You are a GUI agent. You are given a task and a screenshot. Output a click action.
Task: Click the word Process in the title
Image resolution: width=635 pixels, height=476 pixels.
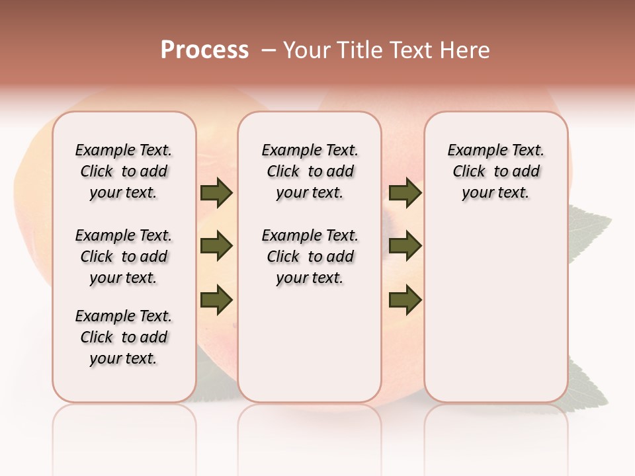[204, 50]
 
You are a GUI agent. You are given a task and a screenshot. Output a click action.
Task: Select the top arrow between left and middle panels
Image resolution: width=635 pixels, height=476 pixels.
[216, 193]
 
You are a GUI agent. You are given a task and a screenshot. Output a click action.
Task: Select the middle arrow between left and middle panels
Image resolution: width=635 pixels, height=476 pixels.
[216, 247]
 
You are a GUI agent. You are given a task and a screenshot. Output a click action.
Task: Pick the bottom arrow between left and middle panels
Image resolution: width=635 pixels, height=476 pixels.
[216, 300]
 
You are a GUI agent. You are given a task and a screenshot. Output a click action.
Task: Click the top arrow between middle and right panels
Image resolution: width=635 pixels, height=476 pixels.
[405, 193]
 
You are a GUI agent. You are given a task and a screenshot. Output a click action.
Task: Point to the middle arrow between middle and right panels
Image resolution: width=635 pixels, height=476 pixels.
[405, 247]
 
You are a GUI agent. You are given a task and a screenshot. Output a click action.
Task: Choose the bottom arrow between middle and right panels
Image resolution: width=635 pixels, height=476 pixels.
[405, 300]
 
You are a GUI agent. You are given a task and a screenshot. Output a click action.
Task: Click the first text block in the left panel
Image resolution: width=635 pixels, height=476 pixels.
[124, 171]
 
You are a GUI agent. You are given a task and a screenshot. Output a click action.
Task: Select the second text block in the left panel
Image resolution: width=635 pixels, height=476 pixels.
[124, 257]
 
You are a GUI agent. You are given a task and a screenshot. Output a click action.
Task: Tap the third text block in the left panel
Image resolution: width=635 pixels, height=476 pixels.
[124, 337]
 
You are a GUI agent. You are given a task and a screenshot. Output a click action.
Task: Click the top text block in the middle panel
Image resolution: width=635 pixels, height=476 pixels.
[310, 171]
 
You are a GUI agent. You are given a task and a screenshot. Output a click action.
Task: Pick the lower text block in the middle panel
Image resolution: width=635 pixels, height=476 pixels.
[310, 257]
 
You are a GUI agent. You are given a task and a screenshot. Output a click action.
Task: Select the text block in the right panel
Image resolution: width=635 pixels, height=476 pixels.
[495, 171]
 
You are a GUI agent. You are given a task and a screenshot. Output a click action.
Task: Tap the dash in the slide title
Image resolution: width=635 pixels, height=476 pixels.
[269, 50]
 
